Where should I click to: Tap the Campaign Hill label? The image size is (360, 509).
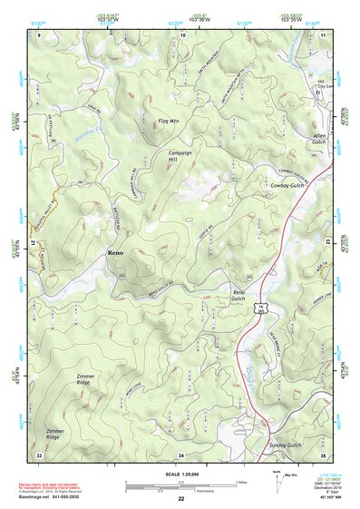(179, 156)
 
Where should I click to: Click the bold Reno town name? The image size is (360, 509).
(115, 251)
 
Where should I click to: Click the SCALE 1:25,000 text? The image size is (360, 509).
(180, 475)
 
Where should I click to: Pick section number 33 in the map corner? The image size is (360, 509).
(39, 453)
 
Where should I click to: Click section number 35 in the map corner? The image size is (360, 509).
(322, 453)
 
